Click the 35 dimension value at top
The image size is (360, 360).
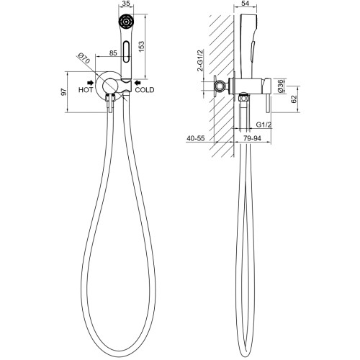(126, 4)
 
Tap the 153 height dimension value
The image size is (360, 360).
(142, 47)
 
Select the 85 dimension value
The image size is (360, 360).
(113, 53)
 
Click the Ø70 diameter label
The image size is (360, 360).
(84, 59)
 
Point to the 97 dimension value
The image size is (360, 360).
(64, 92)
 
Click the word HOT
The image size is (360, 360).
(86, 90)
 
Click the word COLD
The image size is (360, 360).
(145, 90)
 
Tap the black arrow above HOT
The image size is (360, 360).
(90, 83)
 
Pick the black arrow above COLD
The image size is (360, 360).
(138, 83)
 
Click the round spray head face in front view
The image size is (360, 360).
(126, 22)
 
